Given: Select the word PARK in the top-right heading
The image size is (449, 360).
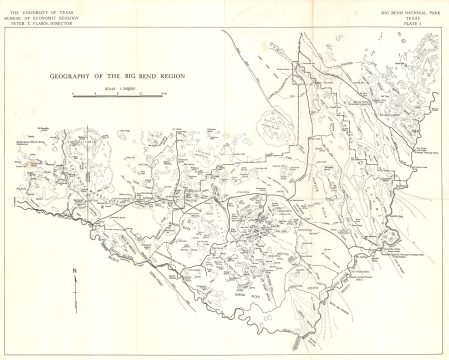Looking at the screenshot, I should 436,9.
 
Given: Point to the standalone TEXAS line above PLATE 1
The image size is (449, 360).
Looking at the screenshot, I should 413,15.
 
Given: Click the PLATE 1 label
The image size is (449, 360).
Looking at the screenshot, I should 413,21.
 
